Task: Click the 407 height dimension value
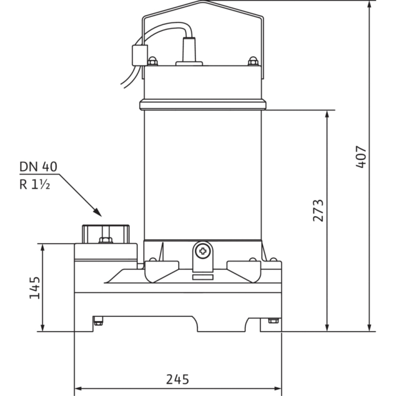(361, 156)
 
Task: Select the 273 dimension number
(318, 210)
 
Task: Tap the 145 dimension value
(35, 288)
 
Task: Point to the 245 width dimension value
(178, 379)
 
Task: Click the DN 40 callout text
(38, 167)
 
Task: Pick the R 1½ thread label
(35, 184)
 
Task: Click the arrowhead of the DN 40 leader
(98, 213)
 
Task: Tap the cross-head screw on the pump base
(203, 251)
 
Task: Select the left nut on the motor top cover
(152, 61)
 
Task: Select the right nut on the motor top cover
(253, 61)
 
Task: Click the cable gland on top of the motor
(189, 51)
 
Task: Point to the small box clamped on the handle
(140, 55)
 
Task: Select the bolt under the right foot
(273, 321)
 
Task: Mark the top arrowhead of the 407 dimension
(369, 5)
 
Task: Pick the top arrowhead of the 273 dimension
(327, 115)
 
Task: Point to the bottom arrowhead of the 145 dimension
(43, 327)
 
